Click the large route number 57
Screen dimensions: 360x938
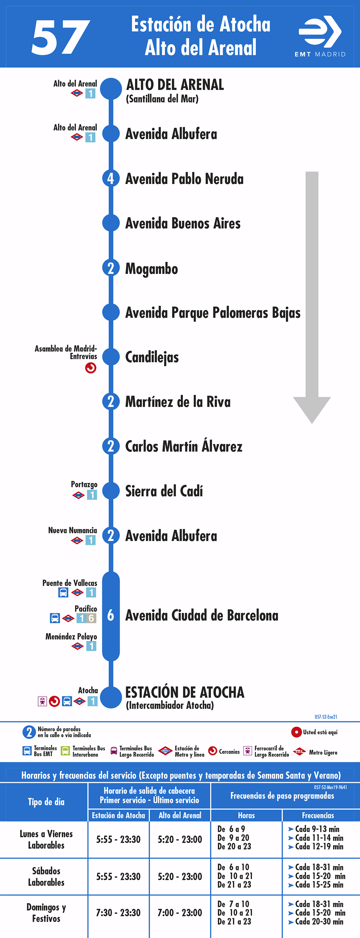tap(61, 37)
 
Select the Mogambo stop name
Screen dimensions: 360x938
tap(152, 269)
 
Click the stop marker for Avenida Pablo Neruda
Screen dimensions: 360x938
tap(111, 179)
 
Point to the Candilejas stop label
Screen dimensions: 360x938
tap(152, 357)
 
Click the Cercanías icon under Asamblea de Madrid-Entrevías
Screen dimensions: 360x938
tap(91, 368)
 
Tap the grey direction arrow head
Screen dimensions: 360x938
tap(312, 410)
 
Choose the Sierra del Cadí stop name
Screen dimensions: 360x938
tap(164, 491)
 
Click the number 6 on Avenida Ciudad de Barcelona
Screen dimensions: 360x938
tap(111, 615)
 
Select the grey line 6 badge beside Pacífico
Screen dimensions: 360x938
tap(91, 618)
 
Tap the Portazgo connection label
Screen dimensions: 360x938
tap(84, 484)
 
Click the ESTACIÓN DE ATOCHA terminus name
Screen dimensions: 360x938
tap(185, 692)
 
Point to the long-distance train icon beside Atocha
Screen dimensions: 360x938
tap(42, 701)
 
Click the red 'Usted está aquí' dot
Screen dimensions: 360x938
tap(296, 732)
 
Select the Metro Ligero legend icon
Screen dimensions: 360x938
tap(299, 751)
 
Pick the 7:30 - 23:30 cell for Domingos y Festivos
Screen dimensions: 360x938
tap(118, 912)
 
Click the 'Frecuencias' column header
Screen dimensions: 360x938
tap(318, 815)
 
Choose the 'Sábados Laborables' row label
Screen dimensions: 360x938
tap(46, 876)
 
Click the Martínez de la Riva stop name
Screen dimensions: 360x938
tap(178, 401)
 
